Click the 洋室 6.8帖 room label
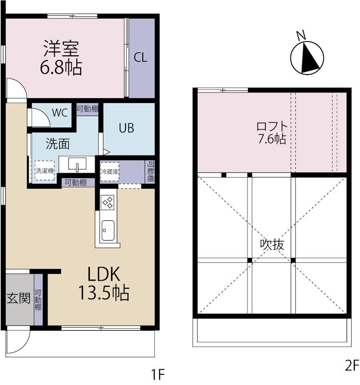tap(61, 57)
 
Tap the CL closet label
tap(140, 58)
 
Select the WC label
tap(60, 113)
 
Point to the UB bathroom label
tap(126, 128)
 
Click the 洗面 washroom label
tap(58, 143)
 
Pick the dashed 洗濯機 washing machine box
tap(45, 171)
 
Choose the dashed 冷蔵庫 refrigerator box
tap(110, 172)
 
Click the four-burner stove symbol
tap(108, 202)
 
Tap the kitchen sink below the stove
tap(108, 231)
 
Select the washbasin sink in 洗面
tap(77, 164)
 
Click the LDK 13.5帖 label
tap(104, 283)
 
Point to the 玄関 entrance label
tap(18, 298)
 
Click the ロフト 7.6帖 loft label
tap(272, 133)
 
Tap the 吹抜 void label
tap(272, 244)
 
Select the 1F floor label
tap(158, 375)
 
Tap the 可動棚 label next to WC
tap(87, 109)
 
